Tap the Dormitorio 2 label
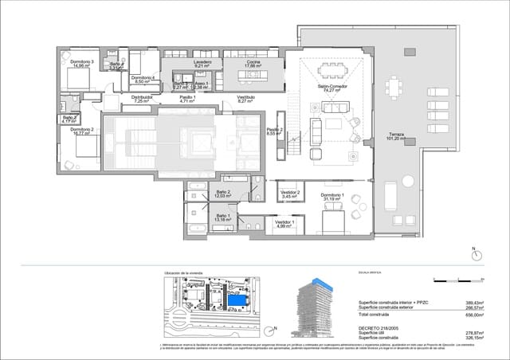[81, 131]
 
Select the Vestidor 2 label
[289, 194]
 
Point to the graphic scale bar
[457, 280]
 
